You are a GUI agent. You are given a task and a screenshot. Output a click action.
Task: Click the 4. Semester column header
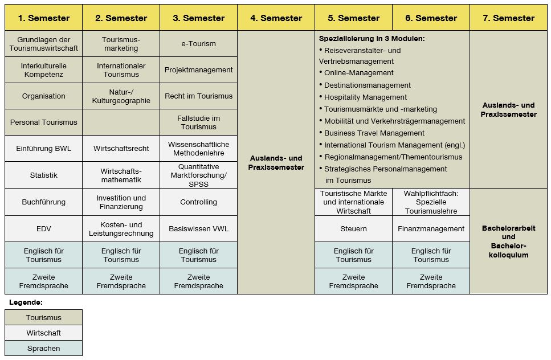276,18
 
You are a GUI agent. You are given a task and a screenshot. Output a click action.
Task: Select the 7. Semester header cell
508,18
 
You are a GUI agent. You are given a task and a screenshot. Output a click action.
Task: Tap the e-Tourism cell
198,43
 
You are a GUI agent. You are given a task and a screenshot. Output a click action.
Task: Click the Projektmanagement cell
198,70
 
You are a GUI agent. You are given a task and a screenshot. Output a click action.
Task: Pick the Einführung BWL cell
43,149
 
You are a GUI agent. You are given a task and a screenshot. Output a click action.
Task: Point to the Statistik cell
43,175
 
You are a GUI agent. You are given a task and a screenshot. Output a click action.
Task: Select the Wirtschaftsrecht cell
121,149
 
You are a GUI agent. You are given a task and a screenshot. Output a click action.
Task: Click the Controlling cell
198,202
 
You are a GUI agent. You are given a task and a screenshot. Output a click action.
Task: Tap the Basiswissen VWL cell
198,228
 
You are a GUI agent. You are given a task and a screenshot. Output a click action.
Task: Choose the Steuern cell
353,228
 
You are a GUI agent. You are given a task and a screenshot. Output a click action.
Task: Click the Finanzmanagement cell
431,228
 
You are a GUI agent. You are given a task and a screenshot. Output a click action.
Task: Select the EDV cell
43,228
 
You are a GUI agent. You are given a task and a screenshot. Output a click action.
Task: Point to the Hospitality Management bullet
362,97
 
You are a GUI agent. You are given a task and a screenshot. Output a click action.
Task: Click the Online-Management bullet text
356,73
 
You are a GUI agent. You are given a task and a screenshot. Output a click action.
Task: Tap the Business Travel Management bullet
372,133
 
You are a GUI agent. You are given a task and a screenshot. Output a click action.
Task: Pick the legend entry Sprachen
43,348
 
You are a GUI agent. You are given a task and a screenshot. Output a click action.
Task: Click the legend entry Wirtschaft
43,333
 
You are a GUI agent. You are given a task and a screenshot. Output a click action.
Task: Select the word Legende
26,302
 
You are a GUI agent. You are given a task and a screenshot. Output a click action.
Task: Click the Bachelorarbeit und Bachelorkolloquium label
508,242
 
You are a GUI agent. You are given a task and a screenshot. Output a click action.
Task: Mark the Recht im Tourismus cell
198,96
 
